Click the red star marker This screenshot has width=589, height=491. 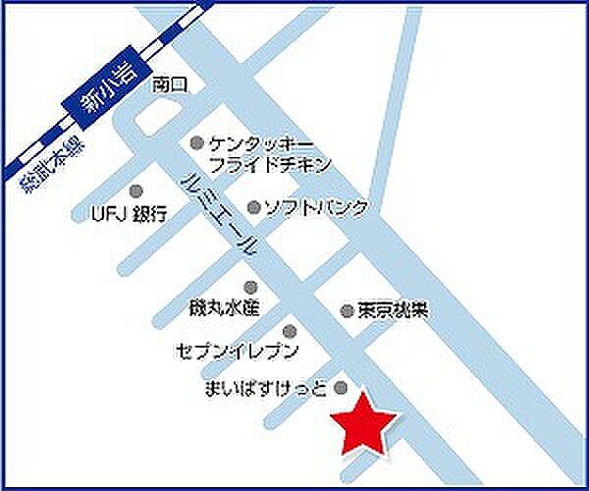pos(363,422)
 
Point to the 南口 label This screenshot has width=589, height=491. pos(169,85)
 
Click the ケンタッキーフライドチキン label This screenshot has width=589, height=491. pos(270,153)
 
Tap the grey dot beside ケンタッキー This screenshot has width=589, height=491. pos(196,142)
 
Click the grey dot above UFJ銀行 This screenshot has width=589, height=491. pos(136,191)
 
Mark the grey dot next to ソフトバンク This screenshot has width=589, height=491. pos(253,207)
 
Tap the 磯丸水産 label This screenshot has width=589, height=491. pos(223,308)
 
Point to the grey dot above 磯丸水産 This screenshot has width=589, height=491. pos(250,287)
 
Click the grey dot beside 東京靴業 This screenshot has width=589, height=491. pos(347,310)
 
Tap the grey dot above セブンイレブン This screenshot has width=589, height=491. pos(289,330)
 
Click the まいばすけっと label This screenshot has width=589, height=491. pos(265,387)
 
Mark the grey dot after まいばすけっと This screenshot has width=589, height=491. pos(342,386)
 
